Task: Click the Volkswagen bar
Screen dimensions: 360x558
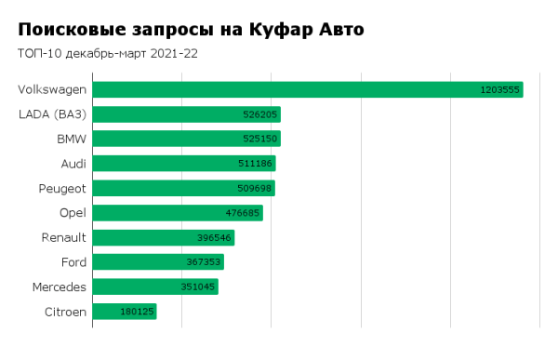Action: pos(307,89)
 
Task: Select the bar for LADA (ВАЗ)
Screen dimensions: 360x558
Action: pos(186,114)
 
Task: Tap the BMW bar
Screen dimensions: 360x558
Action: pos(186,139)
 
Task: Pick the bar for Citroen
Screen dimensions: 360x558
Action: pos(124,312)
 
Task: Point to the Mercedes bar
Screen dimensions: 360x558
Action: pos(154,287)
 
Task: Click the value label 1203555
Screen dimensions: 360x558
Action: pos(499,90)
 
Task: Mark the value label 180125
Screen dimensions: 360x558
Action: pos(137,312)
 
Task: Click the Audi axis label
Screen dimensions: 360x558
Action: pos(73,164)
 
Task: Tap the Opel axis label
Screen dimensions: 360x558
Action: pos(73,213)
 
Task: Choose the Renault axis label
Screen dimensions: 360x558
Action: pos(64,237)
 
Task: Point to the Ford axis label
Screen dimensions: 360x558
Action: pos(73,262)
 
